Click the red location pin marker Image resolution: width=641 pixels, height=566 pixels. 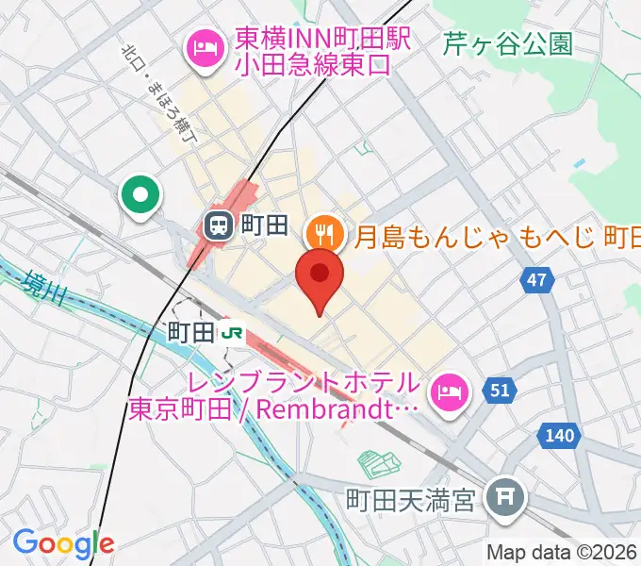coord(320,275)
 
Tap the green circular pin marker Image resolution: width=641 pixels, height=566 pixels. coord(141,196)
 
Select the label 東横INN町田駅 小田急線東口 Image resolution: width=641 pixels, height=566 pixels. coord(311,52)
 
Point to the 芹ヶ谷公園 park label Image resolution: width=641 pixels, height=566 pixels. coord(508,43)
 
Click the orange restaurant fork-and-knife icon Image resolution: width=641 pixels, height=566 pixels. coord(324,228)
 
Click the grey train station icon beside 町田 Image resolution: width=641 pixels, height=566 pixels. coord(219,225)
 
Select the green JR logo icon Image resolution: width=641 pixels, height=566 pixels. coord(232,332)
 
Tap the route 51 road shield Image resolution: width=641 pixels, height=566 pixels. coord(499,389)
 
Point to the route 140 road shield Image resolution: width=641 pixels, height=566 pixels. coord(559,435)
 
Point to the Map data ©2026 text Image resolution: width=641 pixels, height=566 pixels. coord(562,552)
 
